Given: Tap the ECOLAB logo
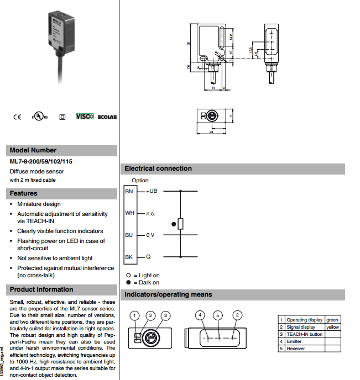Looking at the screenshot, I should (x=107, y=117).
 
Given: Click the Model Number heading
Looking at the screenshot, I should (x=33, y=150).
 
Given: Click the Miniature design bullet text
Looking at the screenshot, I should (x=39, y=204).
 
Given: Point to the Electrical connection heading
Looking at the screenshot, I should (x=158, y=168).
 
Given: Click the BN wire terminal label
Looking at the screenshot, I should (x=129, y=191).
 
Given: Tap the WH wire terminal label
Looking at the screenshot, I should (x=129, y=213).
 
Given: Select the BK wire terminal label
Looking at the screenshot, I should (x=129, y=257).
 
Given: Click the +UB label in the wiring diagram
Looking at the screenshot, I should (x=152, y=191).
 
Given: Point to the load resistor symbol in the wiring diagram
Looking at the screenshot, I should (x=181, y=224).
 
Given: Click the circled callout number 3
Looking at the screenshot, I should (x=165, y=315).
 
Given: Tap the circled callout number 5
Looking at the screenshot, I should (x=218, y=315).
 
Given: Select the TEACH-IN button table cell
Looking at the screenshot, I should (x=304, y=334).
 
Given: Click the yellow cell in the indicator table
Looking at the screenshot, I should (x=332, y=327).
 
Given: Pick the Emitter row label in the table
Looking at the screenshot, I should (x=294, y=341).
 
